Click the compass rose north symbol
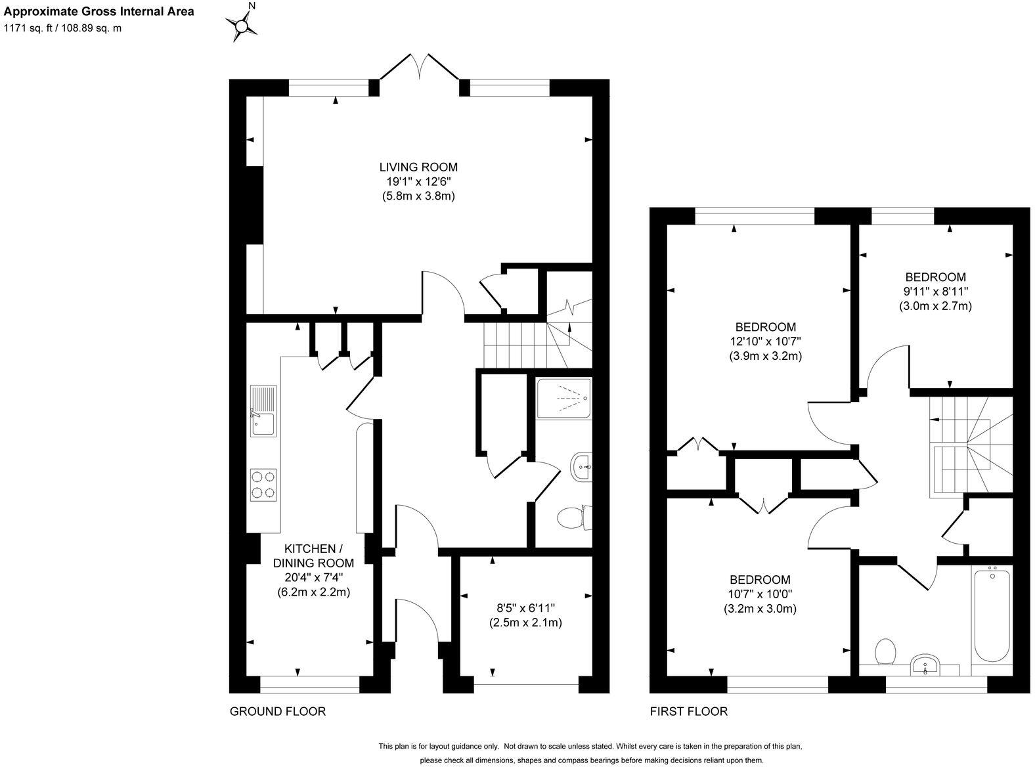tap(243, 26)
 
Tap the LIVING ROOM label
tap(418, 167)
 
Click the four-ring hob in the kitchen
tap(263, 485)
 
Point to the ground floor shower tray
tap(563, 398)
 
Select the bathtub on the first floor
tap(992, 615)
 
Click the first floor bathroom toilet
tap(886, 651)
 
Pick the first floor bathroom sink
tap(926, 665)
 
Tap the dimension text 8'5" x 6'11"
tap(525, 608)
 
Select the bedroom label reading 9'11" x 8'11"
tap(935, 292)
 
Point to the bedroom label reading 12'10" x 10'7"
tap(765, 341)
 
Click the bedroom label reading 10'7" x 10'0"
tap(760, 594)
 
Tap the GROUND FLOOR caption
tap(277, 711)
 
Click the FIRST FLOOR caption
tap(688, 711)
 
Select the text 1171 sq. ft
tap(30, 28)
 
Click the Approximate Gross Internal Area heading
tap(99, 12)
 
